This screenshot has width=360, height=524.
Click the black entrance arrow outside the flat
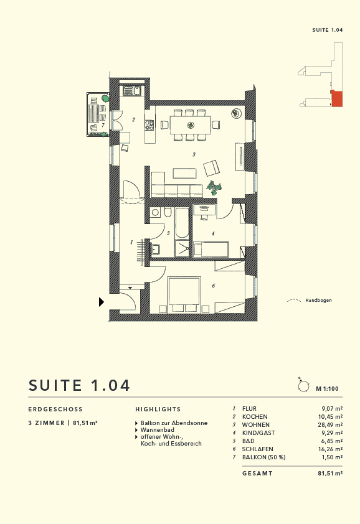click(102, 302)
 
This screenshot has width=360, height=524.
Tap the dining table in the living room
click(190, 124)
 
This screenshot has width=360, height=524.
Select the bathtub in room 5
click(181, 224)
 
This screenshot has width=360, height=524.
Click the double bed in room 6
click(184, 292)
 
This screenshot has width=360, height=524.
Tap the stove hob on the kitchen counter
click(149, 125)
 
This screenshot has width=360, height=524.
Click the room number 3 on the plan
click(194, 154)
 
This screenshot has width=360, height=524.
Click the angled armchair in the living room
click(212, 168)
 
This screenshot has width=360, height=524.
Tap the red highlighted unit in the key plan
click(336, 99)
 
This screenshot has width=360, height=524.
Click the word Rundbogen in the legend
click(318, 301)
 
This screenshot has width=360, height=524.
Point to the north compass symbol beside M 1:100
click(304, 386)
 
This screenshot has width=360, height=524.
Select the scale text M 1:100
click(327, 389)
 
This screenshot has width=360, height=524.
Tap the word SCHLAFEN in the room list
click(257, 449)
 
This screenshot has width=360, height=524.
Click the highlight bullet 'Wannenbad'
click(157, 430)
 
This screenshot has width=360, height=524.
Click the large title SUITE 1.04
click(80, 385)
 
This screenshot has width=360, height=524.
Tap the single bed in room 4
click(212, 250)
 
